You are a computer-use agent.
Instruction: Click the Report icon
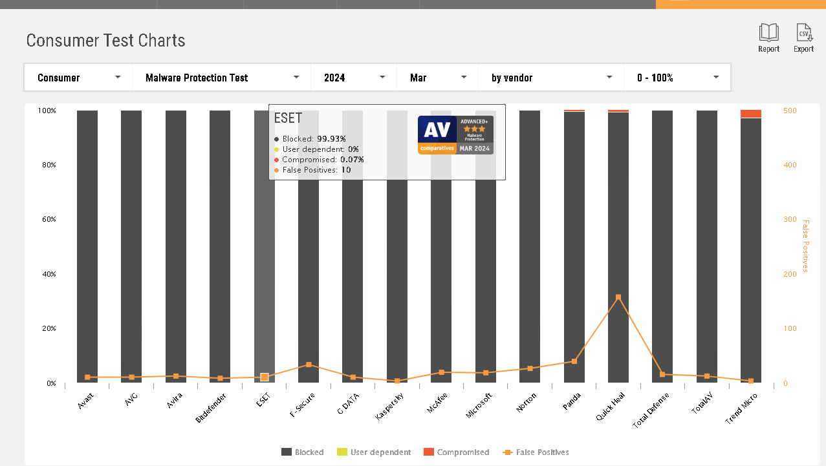[768, 33]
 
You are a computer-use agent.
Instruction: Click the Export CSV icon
[804, 33]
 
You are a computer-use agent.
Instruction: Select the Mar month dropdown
[437, 78]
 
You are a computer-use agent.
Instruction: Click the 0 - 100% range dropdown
[677, 78]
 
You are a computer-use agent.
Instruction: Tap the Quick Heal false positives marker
[618, 297]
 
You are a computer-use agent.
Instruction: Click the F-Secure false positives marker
[309, 365]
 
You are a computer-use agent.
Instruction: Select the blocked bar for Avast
[87, 246]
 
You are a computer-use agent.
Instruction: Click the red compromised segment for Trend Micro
[751, 114]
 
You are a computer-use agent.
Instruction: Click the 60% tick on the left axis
[49, 219]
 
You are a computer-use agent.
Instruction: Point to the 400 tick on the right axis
[790, 165]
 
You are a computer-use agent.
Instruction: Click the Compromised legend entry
[457, 452]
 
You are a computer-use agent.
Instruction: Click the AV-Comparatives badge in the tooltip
[455, 134]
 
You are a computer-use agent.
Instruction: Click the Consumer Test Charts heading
[105, 41]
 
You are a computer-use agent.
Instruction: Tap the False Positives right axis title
[805, 246]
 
